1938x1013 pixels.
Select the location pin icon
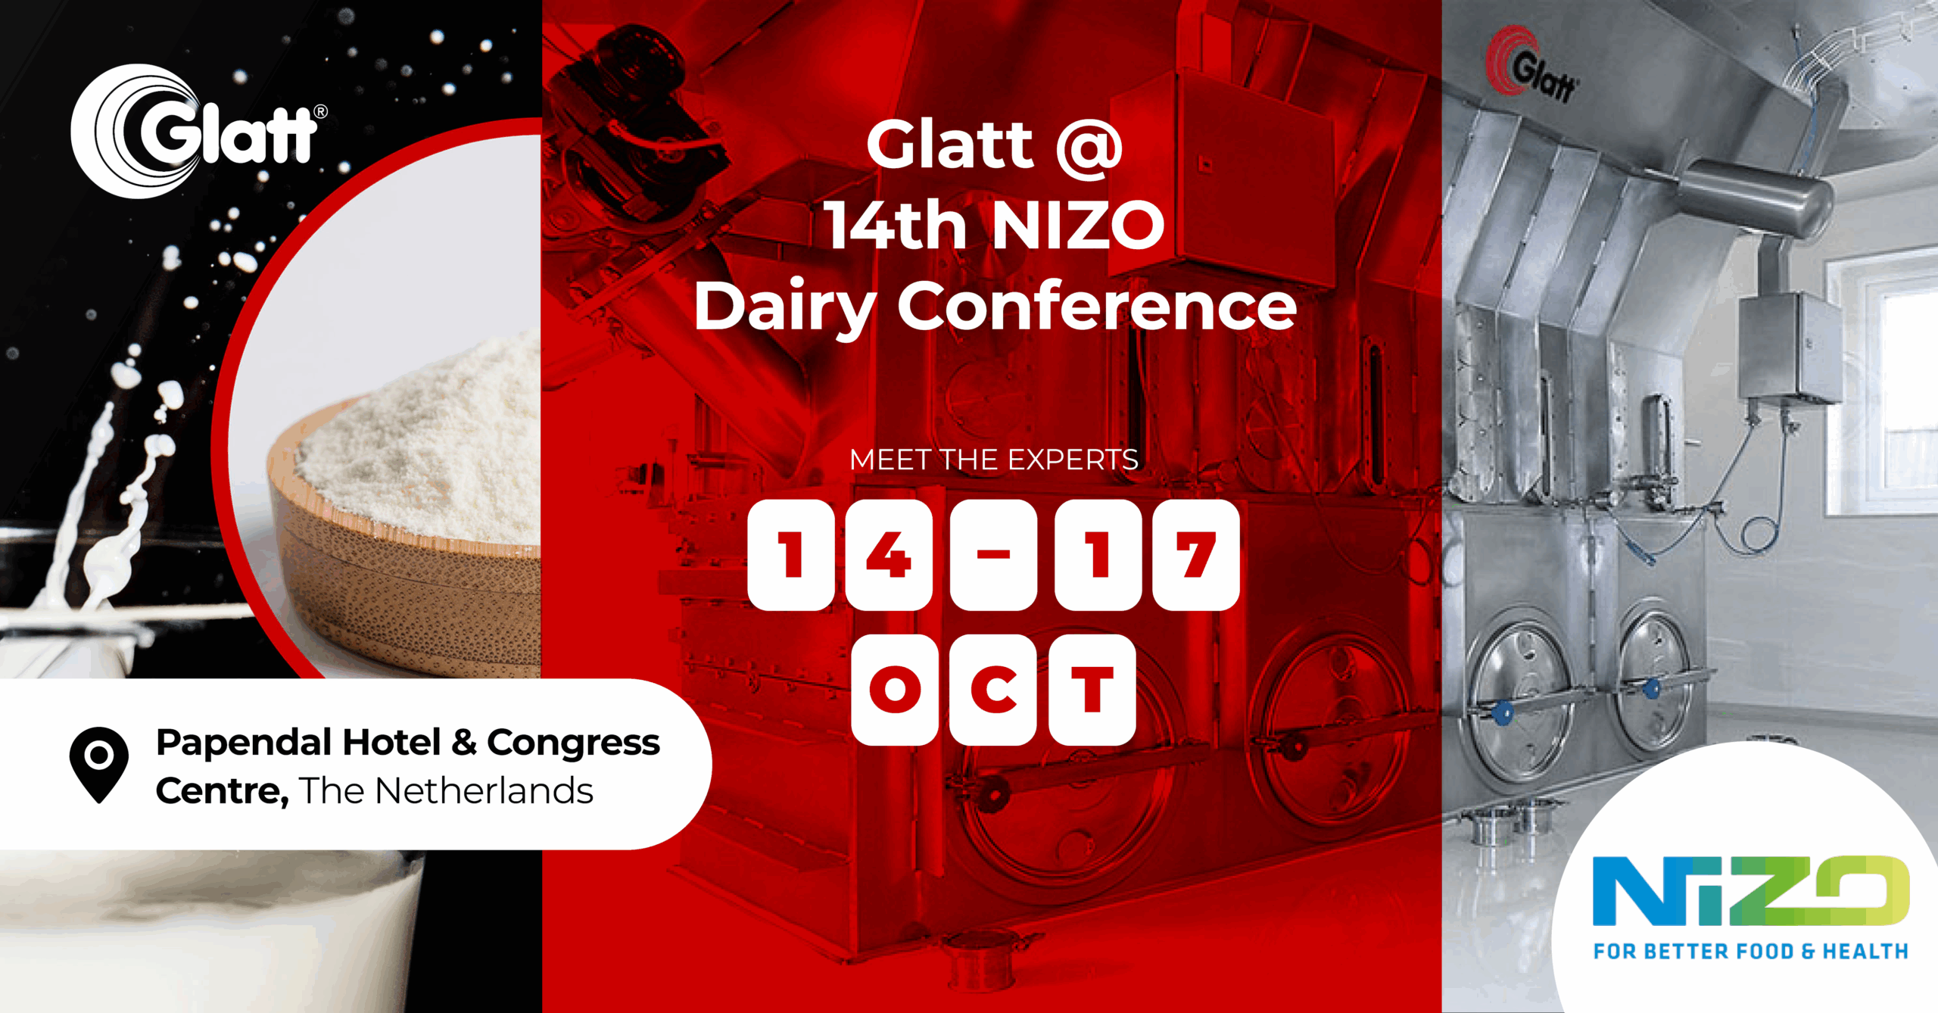[x=99, y=765]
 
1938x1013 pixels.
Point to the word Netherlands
[x=484, y=791]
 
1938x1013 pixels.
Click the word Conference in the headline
[x=1097, y=306]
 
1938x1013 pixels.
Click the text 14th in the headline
[x=896, y=225]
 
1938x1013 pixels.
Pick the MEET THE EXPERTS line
[x=994, y=460]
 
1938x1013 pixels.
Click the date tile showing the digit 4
[x=889, y=555]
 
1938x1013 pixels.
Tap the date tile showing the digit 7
[x=1196, y=555]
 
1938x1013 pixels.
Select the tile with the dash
[x=993, y=555]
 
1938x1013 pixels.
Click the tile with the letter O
[x=895, y=690]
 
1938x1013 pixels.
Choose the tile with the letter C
[x=993, y=690]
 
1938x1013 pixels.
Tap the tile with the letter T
[x=1092, y=690]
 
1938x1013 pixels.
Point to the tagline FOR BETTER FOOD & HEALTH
[x=1751, y=951]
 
